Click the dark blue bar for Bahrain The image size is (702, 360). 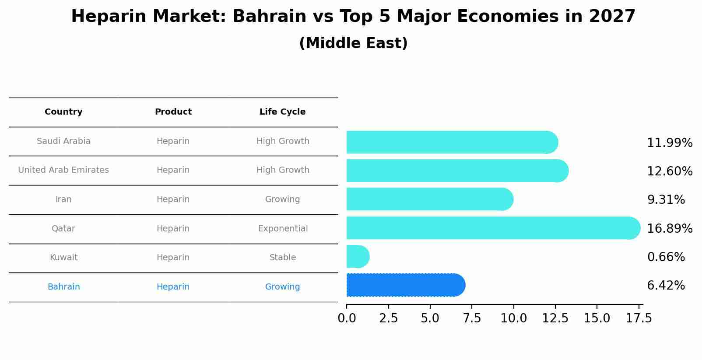pos(405,285)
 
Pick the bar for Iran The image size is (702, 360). pos(429,199)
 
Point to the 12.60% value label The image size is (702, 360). pos(669,171)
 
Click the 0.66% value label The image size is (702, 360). pos(666,257)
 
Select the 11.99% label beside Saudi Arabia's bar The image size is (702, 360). pos(669,143)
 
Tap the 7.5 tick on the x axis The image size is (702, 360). pos(472,318)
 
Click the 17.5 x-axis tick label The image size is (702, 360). pos(639,318)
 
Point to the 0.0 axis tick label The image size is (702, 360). pos(347,318)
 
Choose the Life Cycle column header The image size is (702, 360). pos(282,112)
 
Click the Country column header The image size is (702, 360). pos(63,112)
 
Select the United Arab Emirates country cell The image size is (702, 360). pos(63,170)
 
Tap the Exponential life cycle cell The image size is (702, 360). pos(283,229)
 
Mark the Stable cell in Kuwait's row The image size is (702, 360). pos(283,258)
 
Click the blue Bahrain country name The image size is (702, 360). pos(63,287)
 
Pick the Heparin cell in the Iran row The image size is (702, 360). pos(173,199)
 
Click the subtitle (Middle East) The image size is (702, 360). pos(353,43)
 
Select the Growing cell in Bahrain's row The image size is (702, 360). pos(282,287)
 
